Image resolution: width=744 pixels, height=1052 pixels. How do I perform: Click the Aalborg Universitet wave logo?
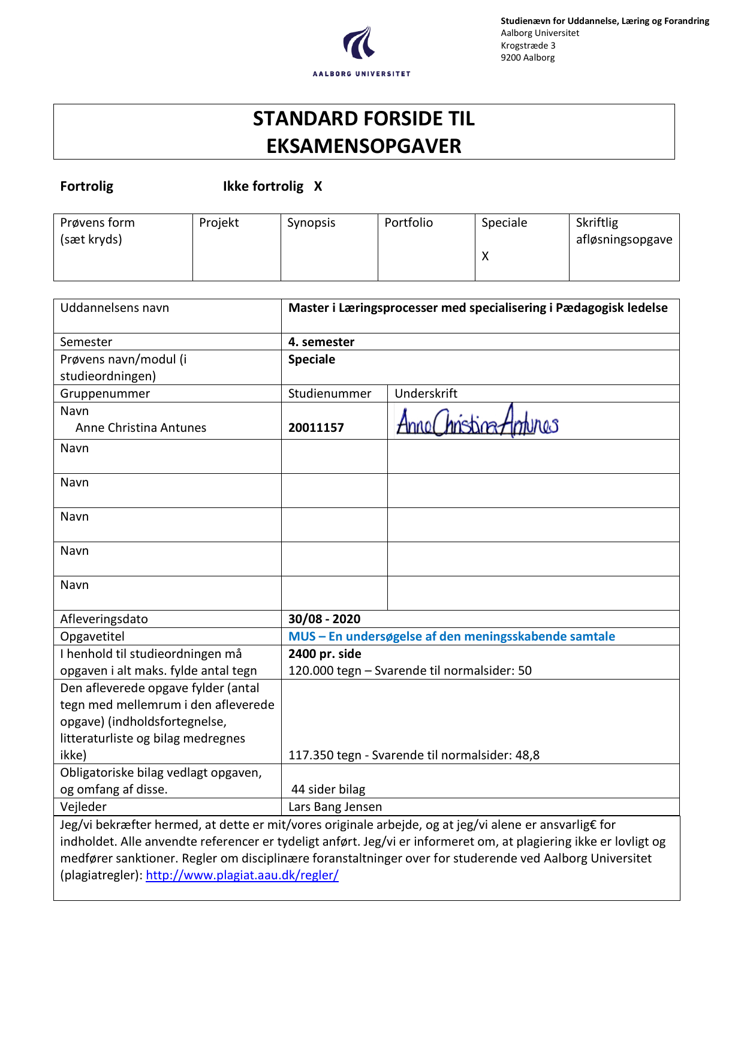tap(359, 43)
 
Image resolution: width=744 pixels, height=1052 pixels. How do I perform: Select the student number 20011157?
tap(316, 428)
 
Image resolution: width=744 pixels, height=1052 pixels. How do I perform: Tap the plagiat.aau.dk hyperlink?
tap(242, 875)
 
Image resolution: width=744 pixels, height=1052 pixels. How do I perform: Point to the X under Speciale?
tap(485, 256)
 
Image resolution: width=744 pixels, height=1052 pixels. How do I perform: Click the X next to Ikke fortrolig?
tap(318, 187)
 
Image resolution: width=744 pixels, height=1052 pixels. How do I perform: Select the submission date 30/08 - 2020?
tap(324, 619)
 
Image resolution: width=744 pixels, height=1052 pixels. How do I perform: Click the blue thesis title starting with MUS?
tap(451, 636)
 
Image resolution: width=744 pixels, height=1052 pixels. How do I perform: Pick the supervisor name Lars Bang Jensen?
tap(335, 807)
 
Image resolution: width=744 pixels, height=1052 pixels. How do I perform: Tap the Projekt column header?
tap(219, 223)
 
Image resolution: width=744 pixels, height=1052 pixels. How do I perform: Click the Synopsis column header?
tap(311, 223)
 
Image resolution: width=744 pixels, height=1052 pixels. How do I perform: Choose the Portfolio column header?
tap(408, 223)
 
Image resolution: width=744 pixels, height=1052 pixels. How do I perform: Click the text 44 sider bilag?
tap(328, 789)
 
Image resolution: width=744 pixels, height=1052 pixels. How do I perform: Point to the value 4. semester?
tap(321, 342)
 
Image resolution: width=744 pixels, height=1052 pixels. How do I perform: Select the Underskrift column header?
tap(426, 393)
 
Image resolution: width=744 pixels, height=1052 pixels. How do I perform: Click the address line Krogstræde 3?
tap(528, 46)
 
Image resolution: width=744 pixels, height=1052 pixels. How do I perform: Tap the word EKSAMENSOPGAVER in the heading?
tap(364, 146)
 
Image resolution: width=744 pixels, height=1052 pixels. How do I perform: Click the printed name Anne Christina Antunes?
tap(141, 428)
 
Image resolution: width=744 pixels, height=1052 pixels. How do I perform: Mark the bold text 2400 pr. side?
tap(325, 654)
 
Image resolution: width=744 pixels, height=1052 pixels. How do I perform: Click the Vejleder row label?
tap(83, 807)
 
